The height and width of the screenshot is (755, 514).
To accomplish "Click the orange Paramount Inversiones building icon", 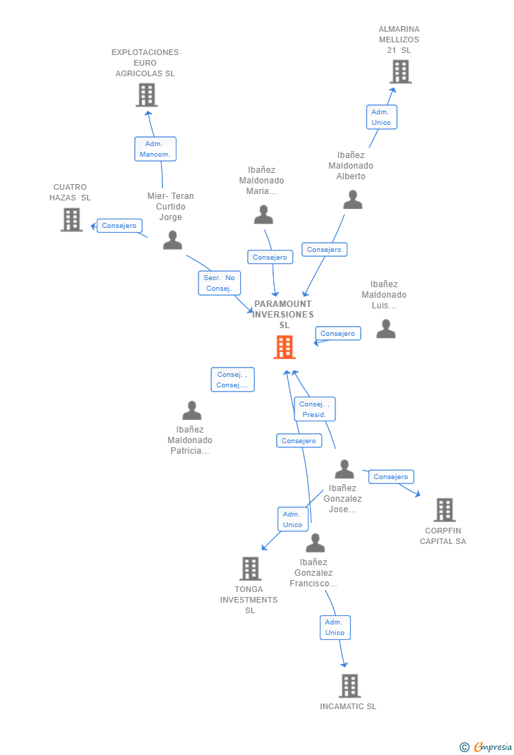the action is coord(285,347).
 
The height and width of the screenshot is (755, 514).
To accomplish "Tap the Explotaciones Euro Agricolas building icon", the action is coord(147,95).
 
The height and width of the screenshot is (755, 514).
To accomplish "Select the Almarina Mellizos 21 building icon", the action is coord(400,71).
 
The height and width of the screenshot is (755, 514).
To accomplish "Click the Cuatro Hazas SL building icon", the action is coord(71,219).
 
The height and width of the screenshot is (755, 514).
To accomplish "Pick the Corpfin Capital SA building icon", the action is coord(444,509).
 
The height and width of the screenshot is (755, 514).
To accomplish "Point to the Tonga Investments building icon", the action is coord(251,568).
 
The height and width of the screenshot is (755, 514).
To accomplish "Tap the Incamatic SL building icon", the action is coord(349,685).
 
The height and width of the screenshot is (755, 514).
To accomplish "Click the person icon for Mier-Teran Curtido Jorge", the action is coord(172,240).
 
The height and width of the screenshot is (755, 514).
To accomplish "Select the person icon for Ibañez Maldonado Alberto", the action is coord(352,200).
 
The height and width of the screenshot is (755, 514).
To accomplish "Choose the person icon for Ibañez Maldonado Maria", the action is coord(263,215).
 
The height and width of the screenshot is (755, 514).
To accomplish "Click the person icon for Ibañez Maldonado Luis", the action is coord(385,329).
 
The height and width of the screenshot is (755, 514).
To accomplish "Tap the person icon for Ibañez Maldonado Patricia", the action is coord(191,411).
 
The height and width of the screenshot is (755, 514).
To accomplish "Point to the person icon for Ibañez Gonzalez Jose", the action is coord(344,469).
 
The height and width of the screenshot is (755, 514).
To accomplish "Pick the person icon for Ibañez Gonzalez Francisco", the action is coord(315,543).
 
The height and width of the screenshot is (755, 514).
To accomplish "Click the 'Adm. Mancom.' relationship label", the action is coord(155,149).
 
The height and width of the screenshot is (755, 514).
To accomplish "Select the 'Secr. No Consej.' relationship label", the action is coord(219,283).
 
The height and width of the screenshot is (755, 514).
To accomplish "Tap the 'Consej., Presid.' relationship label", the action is coord(314,409).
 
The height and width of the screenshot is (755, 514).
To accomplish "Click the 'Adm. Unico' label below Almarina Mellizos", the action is coord(381,117).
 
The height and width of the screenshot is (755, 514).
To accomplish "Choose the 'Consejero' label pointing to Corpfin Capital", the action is coord(391,477).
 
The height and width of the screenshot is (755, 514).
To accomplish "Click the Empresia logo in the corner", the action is coord(486,747).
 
